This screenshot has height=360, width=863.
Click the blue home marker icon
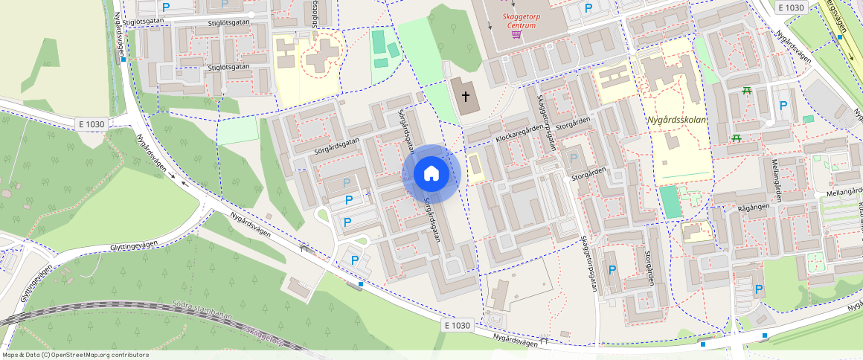431,174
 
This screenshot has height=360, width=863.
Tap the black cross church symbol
466,96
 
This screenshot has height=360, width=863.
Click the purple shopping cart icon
516,35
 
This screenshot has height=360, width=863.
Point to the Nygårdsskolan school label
677,119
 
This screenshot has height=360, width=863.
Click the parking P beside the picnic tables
782,106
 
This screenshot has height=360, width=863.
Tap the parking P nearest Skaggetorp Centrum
588,8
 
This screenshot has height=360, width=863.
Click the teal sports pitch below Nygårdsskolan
671,202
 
